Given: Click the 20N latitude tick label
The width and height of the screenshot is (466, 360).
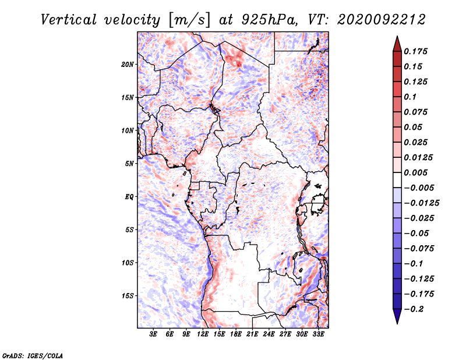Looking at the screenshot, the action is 127,65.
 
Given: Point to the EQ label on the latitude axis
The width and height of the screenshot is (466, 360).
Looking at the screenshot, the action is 129,197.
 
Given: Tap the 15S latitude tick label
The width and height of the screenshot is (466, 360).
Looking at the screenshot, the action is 127,296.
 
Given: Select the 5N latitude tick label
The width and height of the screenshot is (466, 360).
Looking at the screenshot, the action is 129,164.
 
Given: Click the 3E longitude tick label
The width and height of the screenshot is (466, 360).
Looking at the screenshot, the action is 153,334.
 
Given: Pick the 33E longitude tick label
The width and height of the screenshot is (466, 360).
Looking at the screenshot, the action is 318,334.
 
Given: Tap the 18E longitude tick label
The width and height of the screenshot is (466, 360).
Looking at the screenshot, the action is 236,334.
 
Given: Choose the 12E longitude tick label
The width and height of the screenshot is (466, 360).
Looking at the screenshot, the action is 203,334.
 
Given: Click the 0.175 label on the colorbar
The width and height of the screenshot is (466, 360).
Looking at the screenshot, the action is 415,51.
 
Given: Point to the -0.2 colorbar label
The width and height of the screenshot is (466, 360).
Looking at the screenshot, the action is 414,309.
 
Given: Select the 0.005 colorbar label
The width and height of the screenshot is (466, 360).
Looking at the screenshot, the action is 415,172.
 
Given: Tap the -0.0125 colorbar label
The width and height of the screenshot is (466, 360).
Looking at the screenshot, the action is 421,203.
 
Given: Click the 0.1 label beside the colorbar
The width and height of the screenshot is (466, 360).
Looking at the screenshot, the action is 410,97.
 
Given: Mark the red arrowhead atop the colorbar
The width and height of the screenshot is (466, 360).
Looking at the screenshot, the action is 397,44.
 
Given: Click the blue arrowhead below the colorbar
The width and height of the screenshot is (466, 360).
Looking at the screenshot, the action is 397,316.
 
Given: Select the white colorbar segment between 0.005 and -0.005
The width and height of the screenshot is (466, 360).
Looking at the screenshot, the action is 397,180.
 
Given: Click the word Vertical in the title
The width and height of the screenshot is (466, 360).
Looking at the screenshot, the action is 69,20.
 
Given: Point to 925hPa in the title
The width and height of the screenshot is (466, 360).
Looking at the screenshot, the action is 270,20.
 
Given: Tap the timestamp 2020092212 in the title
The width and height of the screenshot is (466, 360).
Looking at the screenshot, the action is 382,20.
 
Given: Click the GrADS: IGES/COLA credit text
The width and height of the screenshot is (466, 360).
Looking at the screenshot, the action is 33,355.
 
